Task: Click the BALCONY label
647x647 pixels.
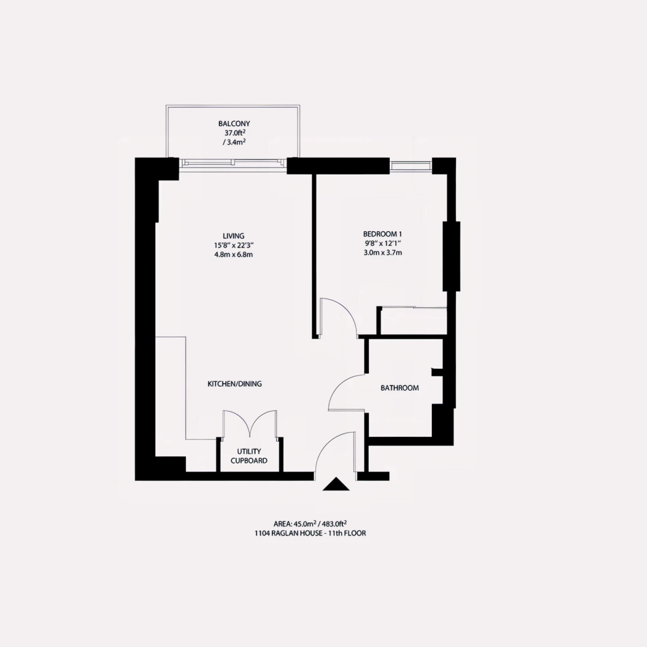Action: click(x=234, y=123)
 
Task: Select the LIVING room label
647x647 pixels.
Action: click(x=233, y=236)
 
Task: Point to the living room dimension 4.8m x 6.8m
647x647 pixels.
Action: click(x=233, y=254)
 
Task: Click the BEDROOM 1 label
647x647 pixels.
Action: click(x=382, y=234)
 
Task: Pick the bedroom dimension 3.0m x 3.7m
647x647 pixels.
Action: click(x=382, y=252)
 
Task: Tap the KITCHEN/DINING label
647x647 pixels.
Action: click(x=235, y=384)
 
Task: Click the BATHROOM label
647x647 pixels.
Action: click(x=400, y=388)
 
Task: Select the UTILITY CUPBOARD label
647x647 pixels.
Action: click(x=249, y=456)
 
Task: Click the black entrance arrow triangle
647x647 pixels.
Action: click(x=336, y=485)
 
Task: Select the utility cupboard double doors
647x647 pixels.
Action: click(x=250, y=424)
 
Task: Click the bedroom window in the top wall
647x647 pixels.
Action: click(x=411, y=166)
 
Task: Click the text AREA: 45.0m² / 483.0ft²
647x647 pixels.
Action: click(x=310, y=524)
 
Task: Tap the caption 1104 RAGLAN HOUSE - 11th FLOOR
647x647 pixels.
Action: click(x=310, y=533)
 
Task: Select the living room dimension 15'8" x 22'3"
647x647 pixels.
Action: click(x=233, y=245)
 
